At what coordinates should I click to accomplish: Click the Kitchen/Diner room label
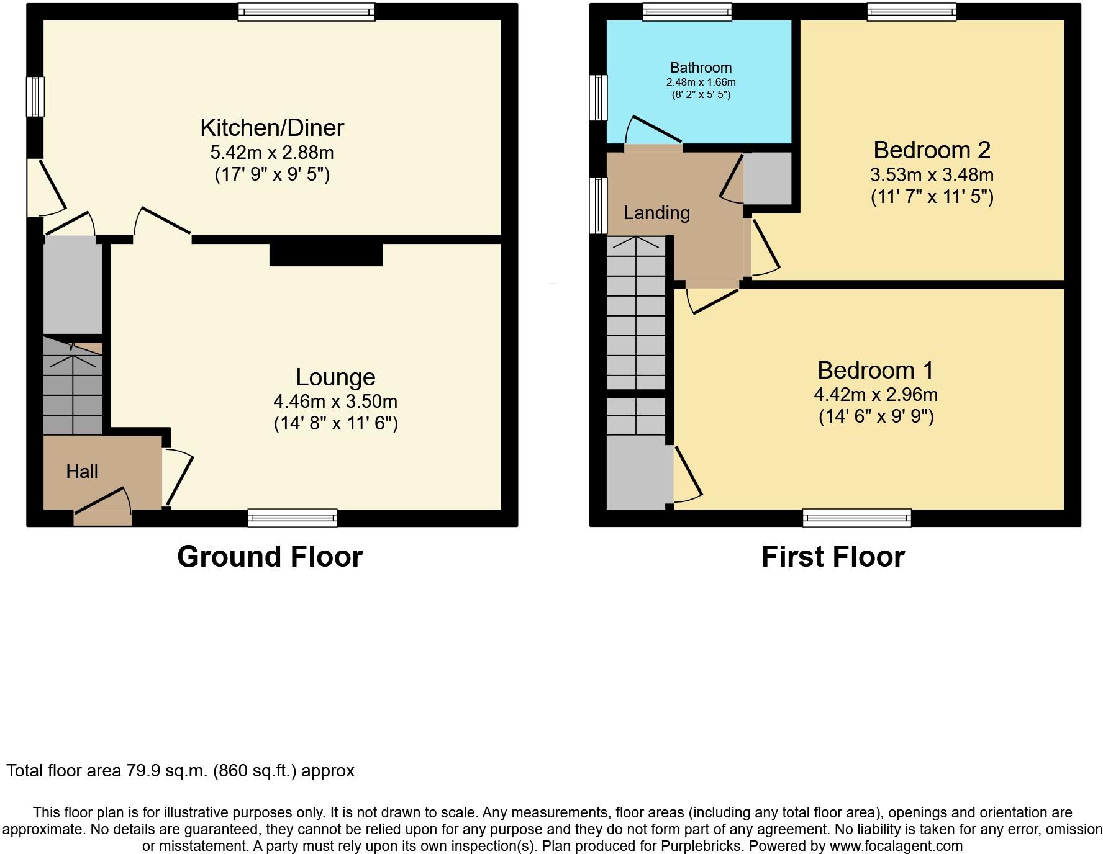[272, 128]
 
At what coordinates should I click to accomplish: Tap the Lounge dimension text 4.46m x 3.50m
[335, 402]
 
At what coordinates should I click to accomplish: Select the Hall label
[82, 472]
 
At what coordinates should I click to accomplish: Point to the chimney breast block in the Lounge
[326, 255]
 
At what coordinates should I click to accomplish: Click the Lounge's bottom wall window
[292, 518]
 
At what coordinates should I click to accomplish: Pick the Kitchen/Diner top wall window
[306, 12]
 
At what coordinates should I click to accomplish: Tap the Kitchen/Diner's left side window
[35, 96]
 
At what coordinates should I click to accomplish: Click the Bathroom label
[701, 68]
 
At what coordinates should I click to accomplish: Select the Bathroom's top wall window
[687, 12]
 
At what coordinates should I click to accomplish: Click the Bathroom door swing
[652, 130]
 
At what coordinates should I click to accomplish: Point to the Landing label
[656, 213]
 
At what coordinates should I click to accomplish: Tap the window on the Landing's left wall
[598, 205]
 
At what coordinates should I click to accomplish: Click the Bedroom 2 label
[932, 150]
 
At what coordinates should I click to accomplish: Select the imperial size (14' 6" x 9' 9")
[876, 416]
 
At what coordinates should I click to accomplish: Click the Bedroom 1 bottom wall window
[856, 518]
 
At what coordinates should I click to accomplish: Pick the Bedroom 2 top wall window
[911, 12]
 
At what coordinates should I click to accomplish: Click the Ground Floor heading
[270, 557]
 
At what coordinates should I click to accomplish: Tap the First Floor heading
[832, 557]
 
